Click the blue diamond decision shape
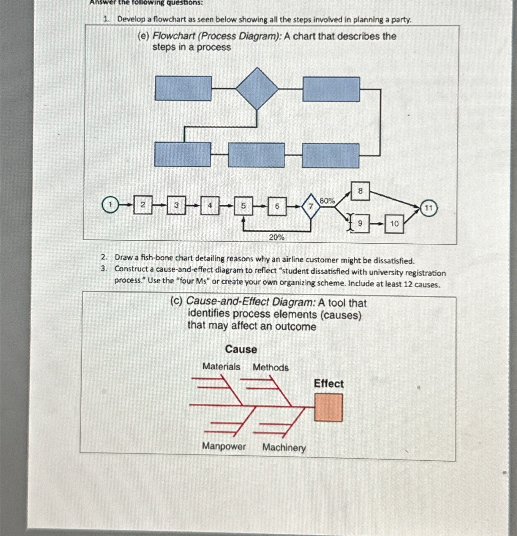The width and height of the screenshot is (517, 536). pos(257,89)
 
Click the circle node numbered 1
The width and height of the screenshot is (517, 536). pos(110,205)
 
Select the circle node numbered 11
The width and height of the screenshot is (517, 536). pos(429,208)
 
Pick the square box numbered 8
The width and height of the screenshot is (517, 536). pos(360,191)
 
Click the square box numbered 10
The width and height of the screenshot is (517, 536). pos(394,224)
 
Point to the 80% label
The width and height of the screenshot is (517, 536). pos(327,201)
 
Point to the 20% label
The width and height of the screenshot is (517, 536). pos(276,237)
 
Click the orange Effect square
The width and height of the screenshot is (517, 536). pos(328,407)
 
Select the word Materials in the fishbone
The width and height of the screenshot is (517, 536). pos(221,367)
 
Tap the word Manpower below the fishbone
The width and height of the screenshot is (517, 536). pos(224,446)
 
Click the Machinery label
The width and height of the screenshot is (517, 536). pos(284,447)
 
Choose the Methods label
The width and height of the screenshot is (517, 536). pos(270,367)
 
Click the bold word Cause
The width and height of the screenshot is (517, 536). pos(241,349)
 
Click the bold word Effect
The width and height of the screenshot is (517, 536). pos(329,384)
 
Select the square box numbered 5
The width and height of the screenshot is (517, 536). pos(243,206)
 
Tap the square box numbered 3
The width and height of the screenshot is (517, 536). pos(176,205)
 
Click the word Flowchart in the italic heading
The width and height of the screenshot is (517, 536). pos(174,36)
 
